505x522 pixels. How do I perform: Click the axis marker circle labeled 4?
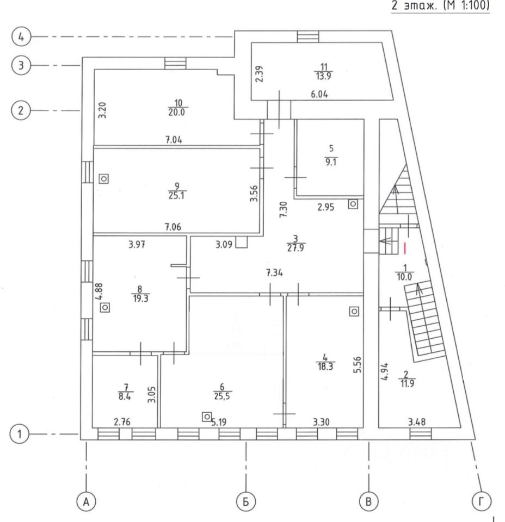point(21,37)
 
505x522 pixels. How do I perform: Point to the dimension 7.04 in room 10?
point(174,140)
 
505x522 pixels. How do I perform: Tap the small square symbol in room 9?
point(104,178)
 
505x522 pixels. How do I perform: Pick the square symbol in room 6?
point(206,417)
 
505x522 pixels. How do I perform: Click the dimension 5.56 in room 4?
point(358,364)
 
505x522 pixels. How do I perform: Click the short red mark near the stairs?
point(405,248)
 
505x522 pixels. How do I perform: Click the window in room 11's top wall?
point(309,36)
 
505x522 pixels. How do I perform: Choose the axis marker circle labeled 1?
point(21,434)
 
